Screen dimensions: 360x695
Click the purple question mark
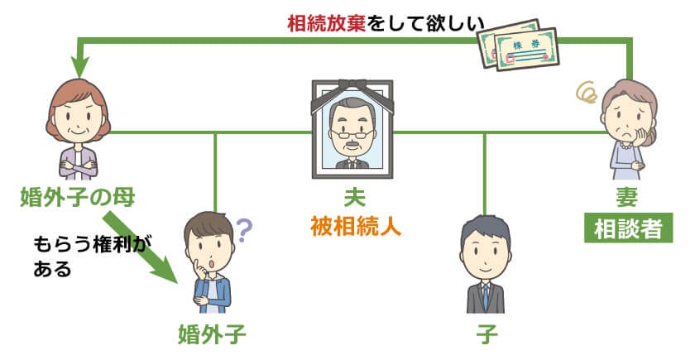pos(244,231)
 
